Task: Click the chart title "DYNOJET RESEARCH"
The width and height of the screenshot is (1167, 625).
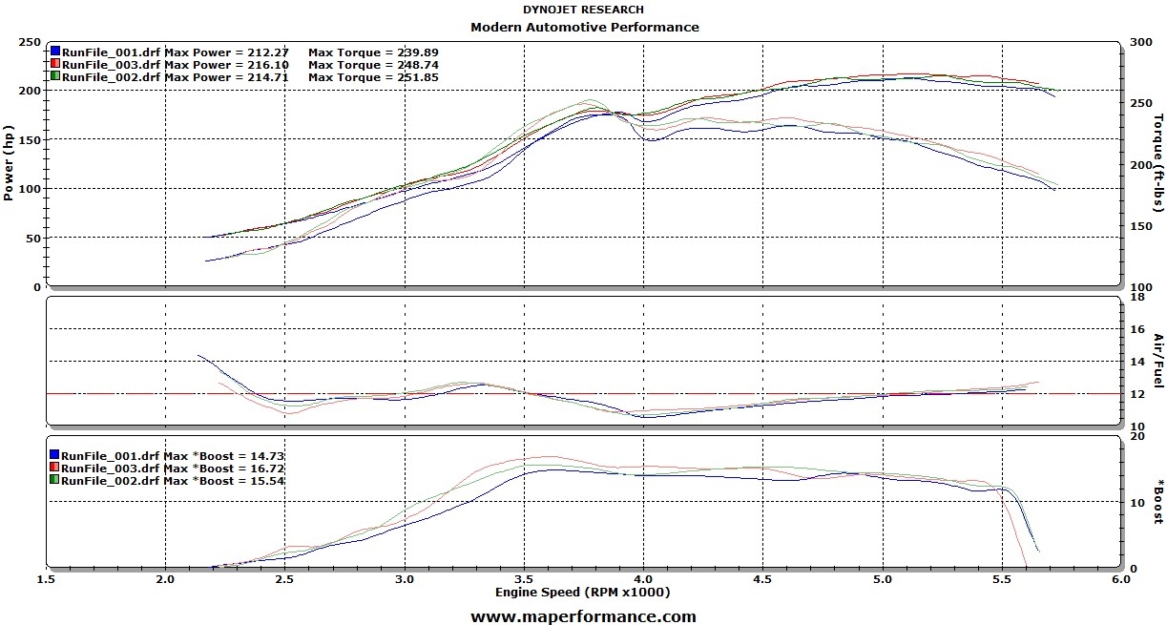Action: (583, 10)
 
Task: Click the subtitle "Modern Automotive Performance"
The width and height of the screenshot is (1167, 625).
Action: (584, 27)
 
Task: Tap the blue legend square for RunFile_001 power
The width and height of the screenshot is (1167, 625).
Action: (55, 51)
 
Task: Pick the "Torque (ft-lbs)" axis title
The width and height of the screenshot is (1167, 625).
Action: (1158, 163)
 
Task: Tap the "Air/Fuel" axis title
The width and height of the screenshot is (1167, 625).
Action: (1158, 361)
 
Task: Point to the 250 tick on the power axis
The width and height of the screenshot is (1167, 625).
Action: (29, 43)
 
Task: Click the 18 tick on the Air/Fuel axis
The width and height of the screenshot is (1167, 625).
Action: (1136, 298)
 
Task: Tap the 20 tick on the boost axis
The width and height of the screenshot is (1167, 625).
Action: (1136, 436)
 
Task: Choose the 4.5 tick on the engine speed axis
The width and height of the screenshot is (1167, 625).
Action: (762, 579)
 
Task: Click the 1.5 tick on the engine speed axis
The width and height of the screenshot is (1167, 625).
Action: (46, 579)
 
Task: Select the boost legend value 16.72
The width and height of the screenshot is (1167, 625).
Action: (265, 469)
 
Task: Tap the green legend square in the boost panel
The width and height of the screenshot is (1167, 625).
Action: (55, 481)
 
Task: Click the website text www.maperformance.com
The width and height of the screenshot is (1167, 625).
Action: (583, 616)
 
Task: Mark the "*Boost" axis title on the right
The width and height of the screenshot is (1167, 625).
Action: (1158, 502)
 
